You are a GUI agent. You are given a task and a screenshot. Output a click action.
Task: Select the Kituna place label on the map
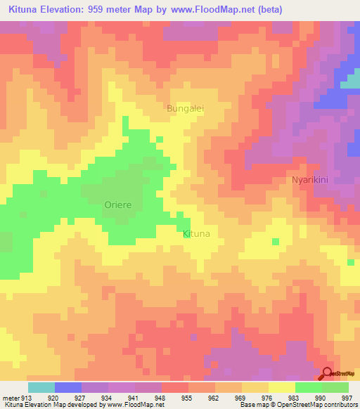click(x=196, y=233)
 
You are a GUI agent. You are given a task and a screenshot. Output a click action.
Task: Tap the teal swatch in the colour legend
click(x=41, y=387)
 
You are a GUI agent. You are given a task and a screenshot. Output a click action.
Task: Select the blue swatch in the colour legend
click(x=68, y=387)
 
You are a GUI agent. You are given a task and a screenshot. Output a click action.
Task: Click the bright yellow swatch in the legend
click(x=281, y=387)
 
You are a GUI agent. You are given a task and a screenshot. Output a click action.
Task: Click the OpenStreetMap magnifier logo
click(x=327, y=374)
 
